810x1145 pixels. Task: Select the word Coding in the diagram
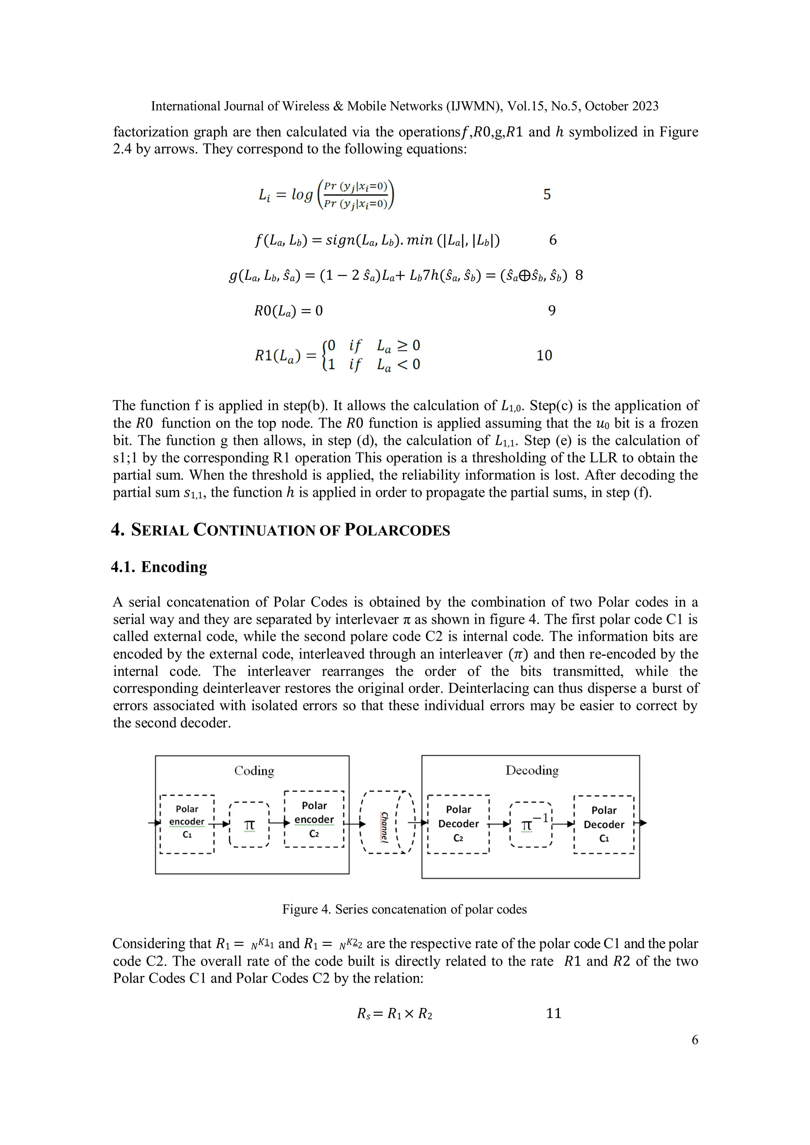click(254, 771)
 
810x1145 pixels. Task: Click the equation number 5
click(547, 194)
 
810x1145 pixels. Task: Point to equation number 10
click(544, 356)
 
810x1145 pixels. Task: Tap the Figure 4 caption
click(404, 909)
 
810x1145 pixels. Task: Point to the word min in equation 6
click(420, 240)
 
